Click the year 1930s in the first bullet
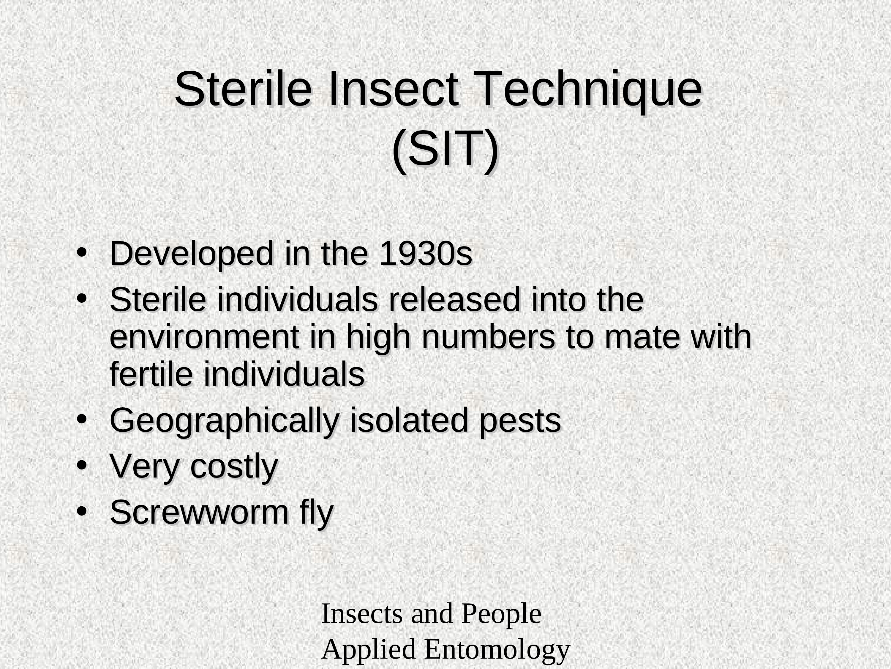click(x=426, y=254)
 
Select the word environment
click(x=204, y=338)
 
